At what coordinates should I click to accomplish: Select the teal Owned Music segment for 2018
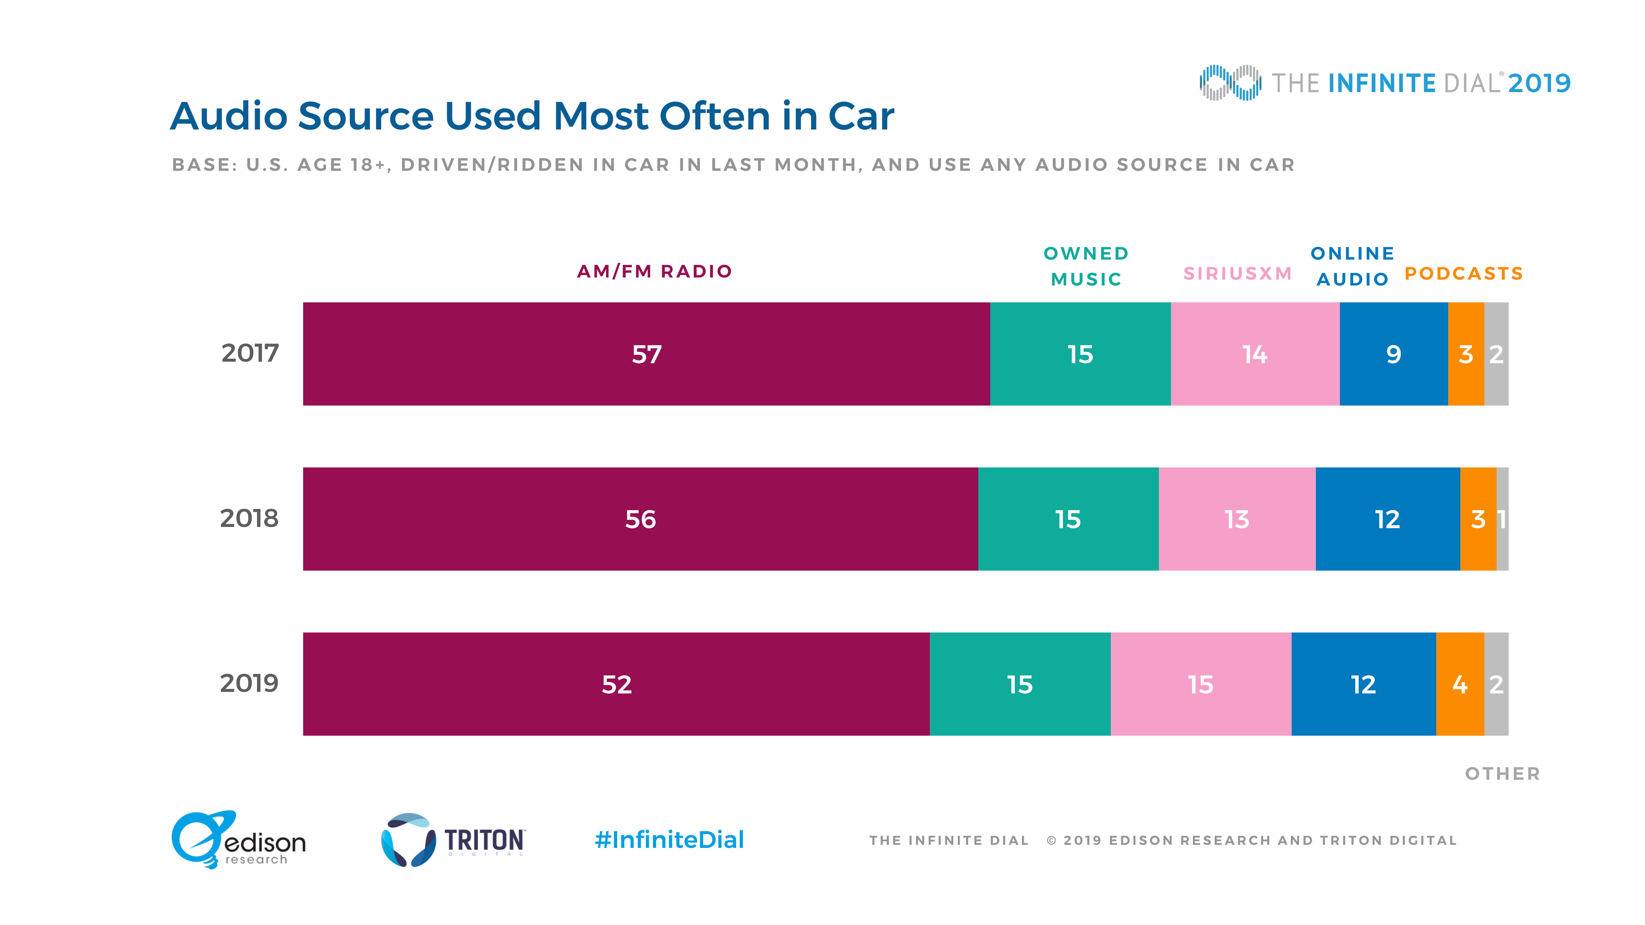tap(1068, 519)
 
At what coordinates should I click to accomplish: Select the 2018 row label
tap(249, 518)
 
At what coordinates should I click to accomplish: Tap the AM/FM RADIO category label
tap(654, 271)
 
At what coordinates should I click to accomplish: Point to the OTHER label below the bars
tap(1502, 774)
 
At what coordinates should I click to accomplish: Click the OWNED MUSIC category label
tap(1086, 266)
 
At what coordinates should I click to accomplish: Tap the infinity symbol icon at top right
tap(1230, 82)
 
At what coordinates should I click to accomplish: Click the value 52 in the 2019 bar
tap(616, 684)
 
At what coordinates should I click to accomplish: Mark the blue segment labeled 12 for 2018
tap(1387, 519)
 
